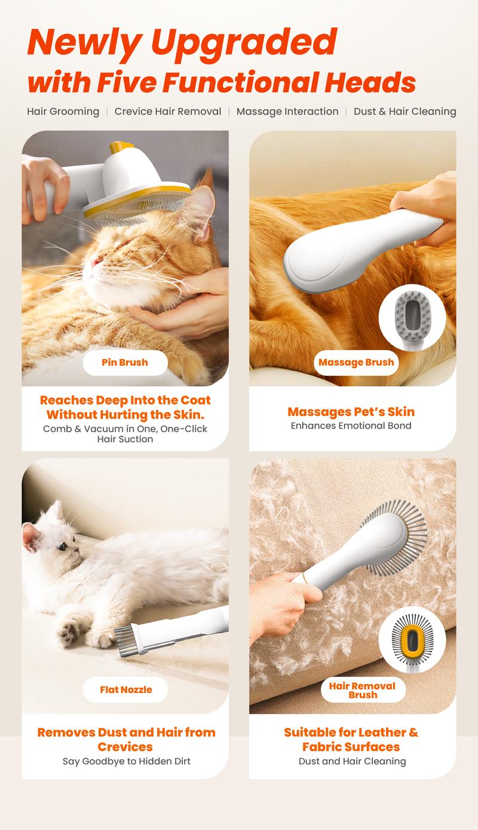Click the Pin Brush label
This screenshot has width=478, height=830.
(125, 362)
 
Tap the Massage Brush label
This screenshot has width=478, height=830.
(356, 362)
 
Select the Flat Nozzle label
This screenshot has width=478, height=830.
(125, 690)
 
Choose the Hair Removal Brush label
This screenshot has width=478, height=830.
(363, 690)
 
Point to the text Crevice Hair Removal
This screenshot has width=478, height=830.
(168, 111)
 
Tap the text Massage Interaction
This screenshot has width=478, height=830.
(287, 111)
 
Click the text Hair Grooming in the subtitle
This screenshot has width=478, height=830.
(63, 112)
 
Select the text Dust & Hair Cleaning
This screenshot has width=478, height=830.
(405, 111)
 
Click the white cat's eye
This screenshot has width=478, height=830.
(62, 546)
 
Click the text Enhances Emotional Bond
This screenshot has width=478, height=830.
(351, 425)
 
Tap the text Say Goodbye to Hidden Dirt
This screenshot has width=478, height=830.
(126, 761)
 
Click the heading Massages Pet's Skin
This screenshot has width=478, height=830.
(351, 412)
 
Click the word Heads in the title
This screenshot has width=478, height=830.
(370, 82)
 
